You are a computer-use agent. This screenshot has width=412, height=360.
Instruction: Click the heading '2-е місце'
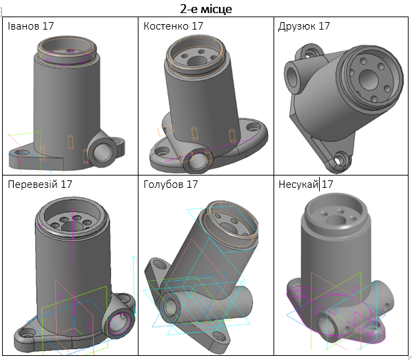click(x=206, y=9)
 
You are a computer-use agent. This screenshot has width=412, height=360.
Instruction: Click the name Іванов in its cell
click(x=23, y=26)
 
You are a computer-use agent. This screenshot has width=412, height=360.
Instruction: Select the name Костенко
click(x=166, y=26)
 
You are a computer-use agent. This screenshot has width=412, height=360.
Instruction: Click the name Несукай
click(x=298, y=184)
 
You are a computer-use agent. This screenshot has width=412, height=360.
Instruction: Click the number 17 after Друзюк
click(x=324, y=26)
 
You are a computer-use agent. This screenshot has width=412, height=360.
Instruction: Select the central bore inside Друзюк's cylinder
click(x=369, y=78)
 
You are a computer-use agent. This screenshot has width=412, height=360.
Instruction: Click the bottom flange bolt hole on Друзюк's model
click(x=339, y=159)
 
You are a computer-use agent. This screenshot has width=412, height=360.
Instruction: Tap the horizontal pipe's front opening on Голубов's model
click(x=170, y=306)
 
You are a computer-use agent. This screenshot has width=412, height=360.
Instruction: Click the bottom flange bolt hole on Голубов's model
click(x=218, y=336)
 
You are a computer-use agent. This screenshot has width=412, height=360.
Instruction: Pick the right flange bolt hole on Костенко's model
click(x=252, y=127)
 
